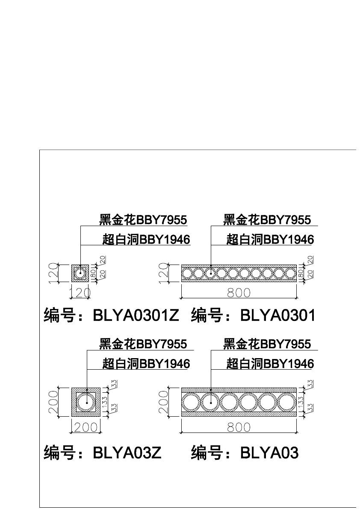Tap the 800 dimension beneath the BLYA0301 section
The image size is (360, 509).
239,293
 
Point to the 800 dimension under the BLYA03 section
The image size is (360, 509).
239,427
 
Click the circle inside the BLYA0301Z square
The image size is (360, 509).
80,273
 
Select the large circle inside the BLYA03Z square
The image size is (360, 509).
86,402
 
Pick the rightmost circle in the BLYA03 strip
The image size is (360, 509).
286,402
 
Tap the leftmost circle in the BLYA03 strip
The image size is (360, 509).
191,402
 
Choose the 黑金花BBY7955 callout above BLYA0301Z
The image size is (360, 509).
143,220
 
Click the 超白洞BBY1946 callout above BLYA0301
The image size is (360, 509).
270,240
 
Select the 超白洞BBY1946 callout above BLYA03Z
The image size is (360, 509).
146,364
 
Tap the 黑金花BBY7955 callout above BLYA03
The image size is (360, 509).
267,344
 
